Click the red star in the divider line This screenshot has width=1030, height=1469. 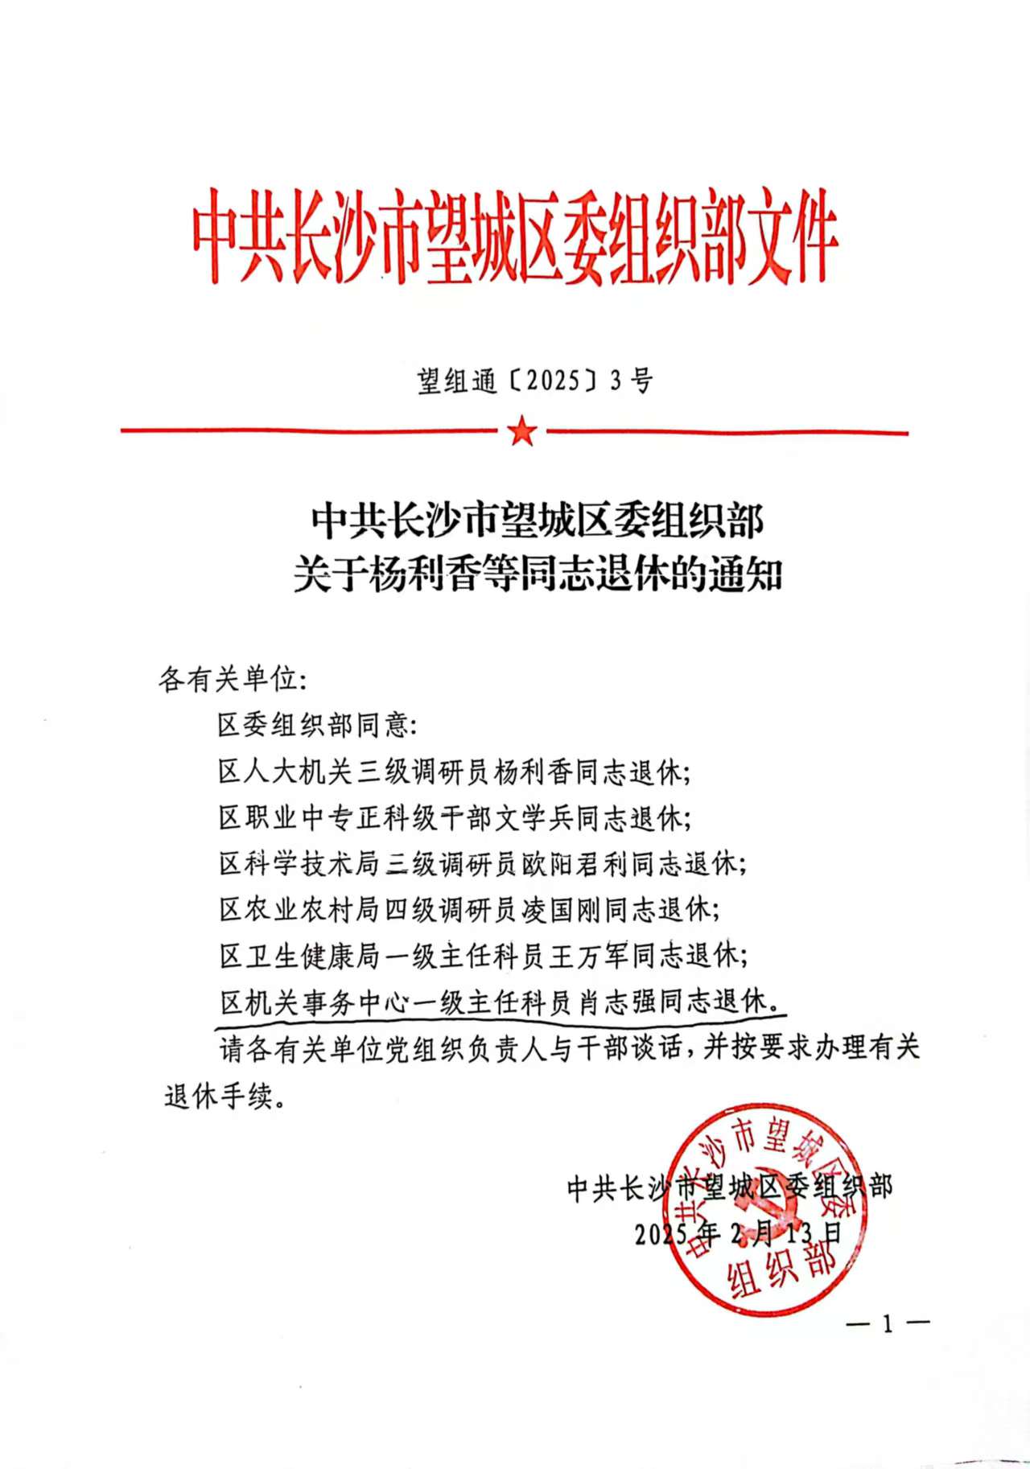click(522, 433)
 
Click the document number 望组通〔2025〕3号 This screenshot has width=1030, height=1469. click(535, 381)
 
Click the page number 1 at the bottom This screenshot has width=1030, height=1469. click(888, 1324)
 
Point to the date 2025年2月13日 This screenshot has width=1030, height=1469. click(737, 1232)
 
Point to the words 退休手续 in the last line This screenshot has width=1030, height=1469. click(218, 1096)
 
